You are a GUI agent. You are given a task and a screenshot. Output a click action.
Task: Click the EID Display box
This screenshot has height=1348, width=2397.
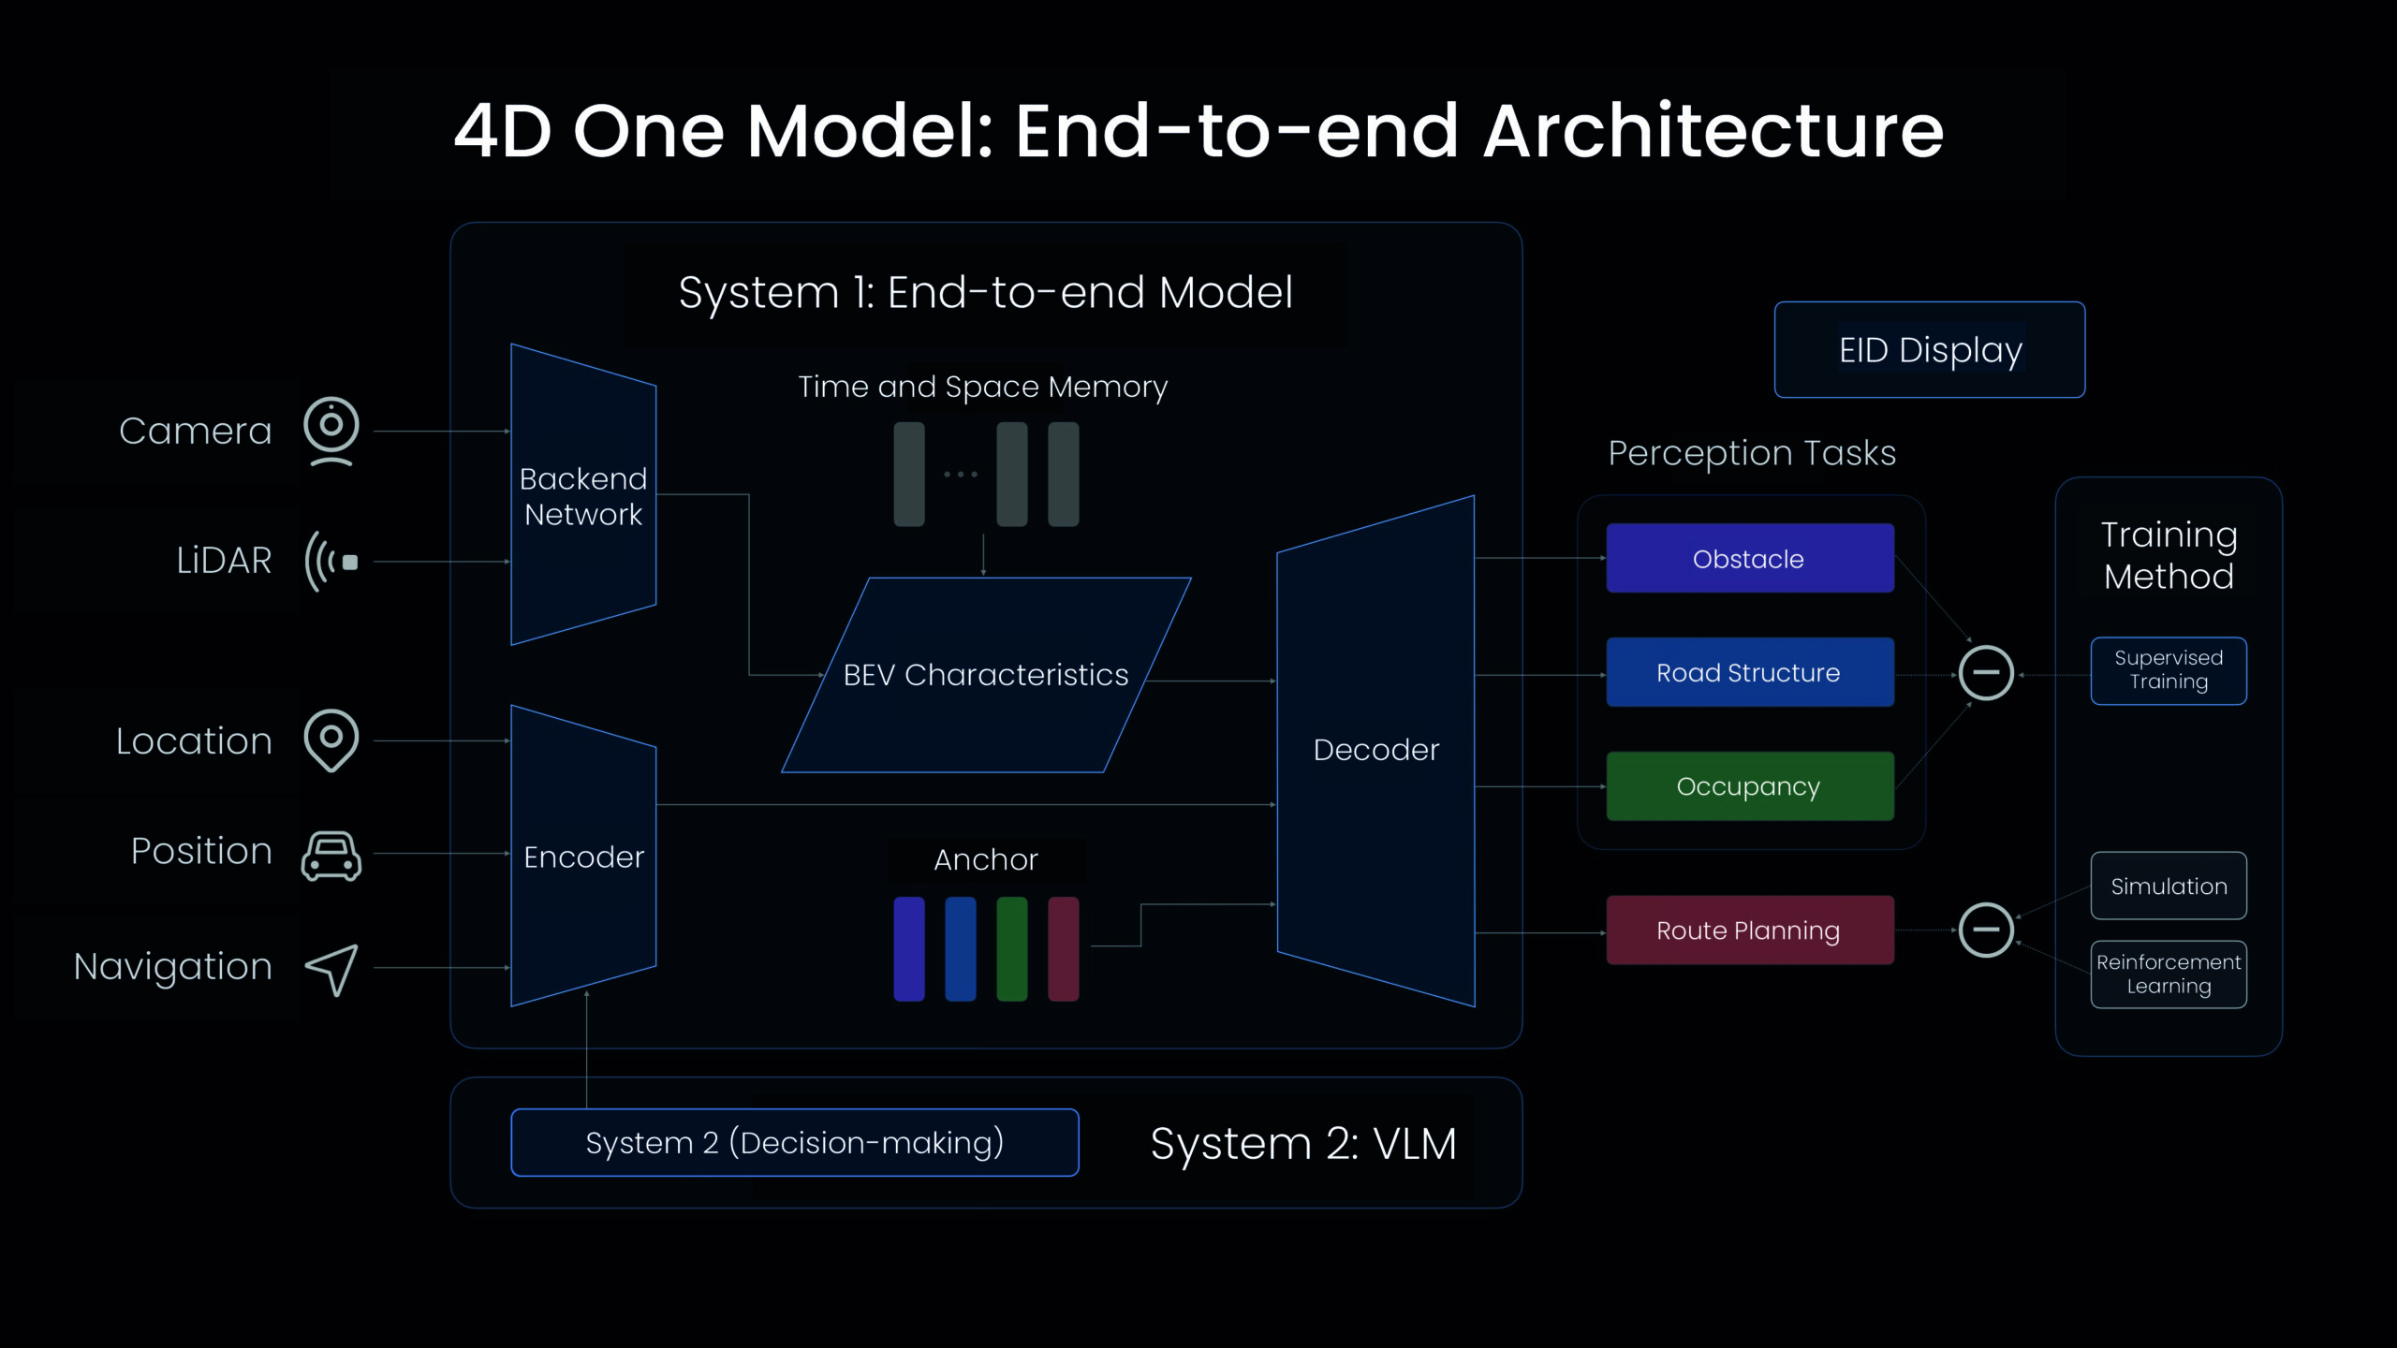point(1930,350)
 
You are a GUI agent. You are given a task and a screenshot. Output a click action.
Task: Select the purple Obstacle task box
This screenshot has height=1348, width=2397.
point(1750,558)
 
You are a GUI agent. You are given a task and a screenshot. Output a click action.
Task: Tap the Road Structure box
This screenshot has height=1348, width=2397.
point(1750,672)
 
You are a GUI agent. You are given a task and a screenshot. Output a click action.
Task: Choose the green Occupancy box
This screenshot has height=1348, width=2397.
point(1750,786)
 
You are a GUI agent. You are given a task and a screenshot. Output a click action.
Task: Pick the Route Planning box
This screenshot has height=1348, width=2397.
point(1750,930)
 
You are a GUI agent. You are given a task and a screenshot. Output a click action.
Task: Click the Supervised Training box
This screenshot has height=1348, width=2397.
point(2169,670)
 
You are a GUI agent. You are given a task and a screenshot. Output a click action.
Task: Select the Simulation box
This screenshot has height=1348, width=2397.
point(2169,886)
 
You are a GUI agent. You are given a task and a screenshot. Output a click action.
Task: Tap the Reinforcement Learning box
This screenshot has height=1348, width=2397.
point(2169,974)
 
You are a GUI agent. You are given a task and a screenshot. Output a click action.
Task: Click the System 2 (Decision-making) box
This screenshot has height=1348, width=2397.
point(795,1142)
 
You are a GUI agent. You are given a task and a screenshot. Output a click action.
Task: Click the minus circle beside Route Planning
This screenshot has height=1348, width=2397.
point(1986,930)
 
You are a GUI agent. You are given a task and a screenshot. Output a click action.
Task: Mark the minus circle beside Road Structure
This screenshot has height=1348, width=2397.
point(1986,672)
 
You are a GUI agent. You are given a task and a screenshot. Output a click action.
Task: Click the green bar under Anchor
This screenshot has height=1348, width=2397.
point(1012,949)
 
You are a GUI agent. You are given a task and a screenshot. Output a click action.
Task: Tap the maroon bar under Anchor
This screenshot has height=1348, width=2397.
point(1064,949)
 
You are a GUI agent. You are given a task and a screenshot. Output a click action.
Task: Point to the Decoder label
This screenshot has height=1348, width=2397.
point(1376,750)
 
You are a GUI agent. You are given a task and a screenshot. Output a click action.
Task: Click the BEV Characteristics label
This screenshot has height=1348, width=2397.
point(986,675)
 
